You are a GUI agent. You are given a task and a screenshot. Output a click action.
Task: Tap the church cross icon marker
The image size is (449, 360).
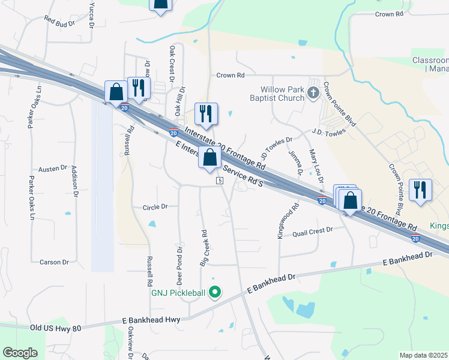[x=313, y=93]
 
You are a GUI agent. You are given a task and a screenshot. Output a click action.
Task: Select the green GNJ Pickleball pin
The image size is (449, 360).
[x=214, y=293]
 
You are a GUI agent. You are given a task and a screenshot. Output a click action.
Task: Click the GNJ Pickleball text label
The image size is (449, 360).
[x=178, y=293]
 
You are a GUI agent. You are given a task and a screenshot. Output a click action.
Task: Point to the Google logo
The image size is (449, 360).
[x=20, y=353]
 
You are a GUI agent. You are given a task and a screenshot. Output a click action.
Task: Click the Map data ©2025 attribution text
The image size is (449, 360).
[x=423, y=355]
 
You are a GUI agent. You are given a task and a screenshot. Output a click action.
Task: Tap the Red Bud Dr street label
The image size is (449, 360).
[x=59, y=19]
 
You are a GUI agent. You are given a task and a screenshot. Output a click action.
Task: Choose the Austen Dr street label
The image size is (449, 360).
[x=53, y=169]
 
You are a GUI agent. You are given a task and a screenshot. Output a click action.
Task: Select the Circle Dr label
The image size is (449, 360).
[x=155, y=208]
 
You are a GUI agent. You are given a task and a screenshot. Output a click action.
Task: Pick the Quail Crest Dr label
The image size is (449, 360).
[x=312, y=230]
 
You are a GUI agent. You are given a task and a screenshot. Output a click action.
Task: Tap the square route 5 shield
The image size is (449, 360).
[x=220, y=181]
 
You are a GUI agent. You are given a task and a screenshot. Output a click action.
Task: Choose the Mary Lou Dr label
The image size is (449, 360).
[x=312, y=159]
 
